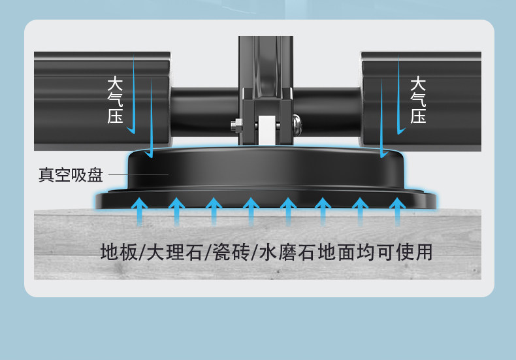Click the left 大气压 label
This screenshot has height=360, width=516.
pyautogui.click(x=115, y=100)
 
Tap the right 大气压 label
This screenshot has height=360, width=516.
pyautogui.click(x=418, y=100)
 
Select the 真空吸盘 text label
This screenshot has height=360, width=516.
pyautogui.click(x=71, y=175)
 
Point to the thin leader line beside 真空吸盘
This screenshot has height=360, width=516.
pyautogui.click(x=138, y=174)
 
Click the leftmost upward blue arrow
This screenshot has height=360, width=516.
pyautogui.click(x=138, y=210)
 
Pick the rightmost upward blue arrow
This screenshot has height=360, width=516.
pyautogui.click(x=396, y=210)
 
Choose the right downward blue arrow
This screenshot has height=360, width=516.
pyautogui.click(x=398, y=98)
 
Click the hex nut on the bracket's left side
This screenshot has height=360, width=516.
pyautogui.click(x=234, y=123)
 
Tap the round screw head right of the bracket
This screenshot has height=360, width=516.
pyautogui.click(x=297, y=122)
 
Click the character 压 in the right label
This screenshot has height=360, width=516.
pyautogui.click(x=418, y=116)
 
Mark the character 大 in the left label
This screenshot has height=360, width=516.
pyautogui.click(x=115, y=84)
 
